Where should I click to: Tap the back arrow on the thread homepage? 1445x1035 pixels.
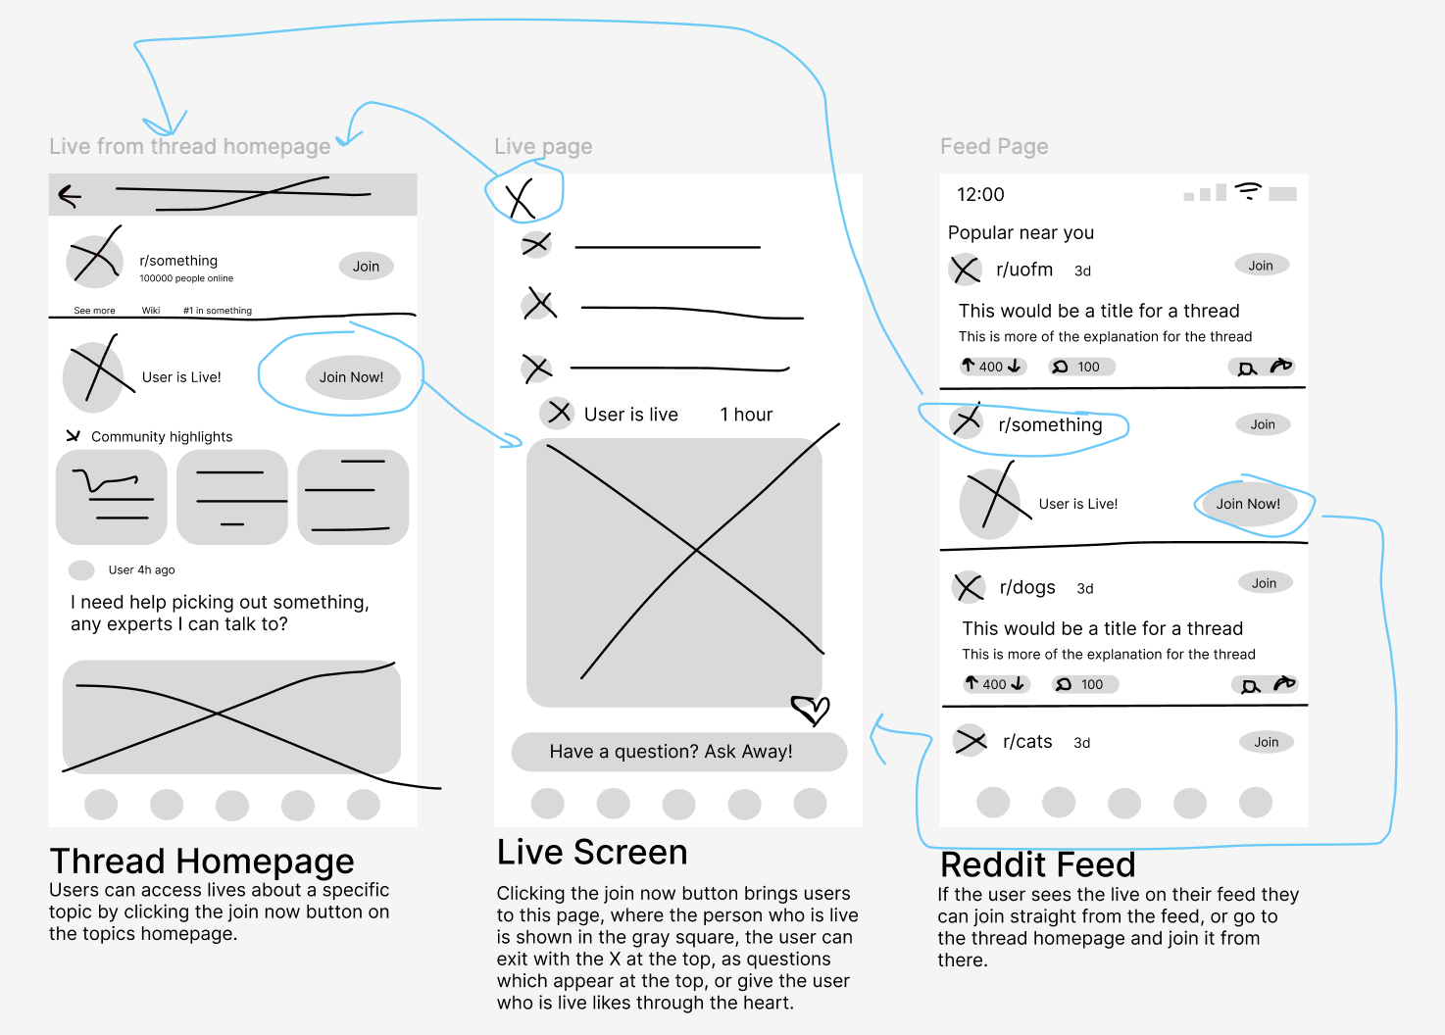pyautogui.click(x=70, y=196)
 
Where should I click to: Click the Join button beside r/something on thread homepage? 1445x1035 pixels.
pyautogui.click(x=366, y=266)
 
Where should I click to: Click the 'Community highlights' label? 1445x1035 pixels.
pyautogui.click(x=162, y=437)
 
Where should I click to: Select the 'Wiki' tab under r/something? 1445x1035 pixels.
pyautogui.click(x=151, y=311)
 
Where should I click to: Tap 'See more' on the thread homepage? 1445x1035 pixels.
pyautogui.click(x=94, y=311)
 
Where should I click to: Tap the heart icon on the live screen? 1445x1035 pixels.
pyautogui.click(x=811, y=708)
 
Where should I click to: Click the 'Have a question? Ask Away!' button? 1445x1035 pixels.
pyautogui.click(x=678, y=752)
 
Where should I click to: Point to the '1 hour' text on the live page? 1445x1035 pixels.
pyautogui.click(x=746, y=415)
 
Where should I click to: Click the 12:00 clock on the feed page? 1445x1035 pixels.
pyautogui.click(x=980, y=195)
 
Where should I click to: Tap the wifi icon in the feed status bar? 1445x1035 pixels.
pyautogui.click(x=1248, y=190)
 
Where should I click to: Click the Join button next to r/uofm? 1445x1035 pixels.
pyautogui.click(x=1261, y=266)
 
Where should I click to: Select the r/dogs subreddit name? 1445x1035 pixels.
pyautogui.click(x=1027, y=587)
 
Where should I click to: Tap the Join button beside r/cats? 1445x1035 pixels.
pyautogui.click(x=1266, y=742)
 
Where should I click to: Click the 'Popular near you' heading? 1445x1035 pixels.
pyautogui.click(x=1021, y=232)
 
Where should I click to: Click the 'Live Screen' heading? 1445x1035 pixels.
pyautogui.click(x=592, y=853)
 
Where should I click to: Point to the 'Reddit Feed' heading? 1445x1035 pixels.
pyautogui.click(x=1037, y=864)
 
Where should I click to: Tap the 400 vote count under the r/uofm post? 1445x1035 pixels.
pyautogui.click(x=991, y=367)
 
